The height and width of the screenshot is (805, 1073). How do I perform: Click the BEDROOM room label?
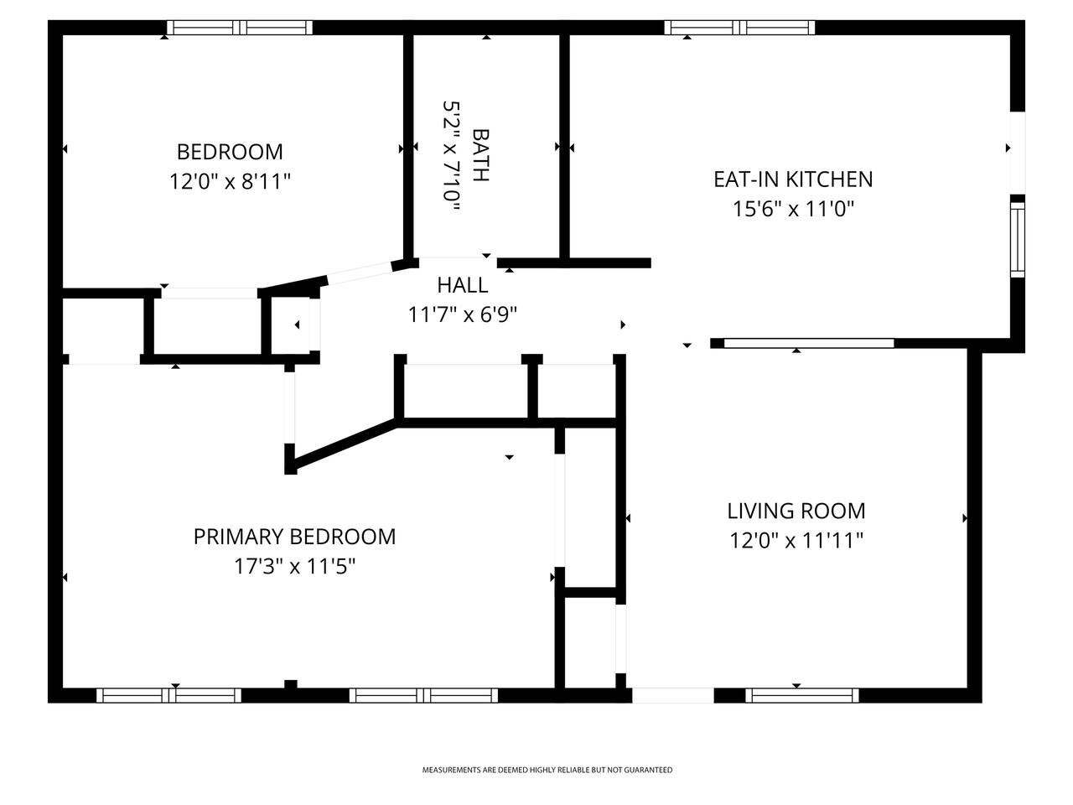click(x=230, y=152)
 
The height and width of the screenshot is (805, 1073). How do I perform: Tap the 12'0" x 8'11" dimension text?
click(x=230, y=182)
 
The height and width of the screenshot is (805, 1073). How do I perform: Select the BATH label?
click(x=481, y=155)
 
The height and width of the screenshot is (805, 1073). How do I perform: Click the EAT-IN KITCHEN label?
click(x=793, y=179)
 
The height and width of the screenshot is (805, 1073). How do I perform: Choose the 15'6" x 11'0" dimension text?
click(x=793, y=209)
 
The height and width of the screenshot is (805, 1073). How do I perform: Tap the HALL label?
click(x=463, y=285)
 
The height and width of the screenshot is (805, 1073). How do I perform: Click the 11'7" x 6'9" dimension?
click(x=463, y=314)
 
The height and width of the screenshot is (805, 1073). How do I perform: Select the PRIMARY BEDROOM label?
click(x=294, y=537)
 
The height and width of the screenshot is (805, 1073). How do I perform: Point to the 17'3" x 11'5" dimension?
click(x=294, y=567)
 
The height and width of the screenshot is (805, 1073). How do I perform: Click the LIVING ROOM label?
click(x=796, y=512)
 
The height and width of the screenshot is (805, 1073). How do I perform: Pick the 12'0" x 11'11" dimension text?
click(x=796, y=541)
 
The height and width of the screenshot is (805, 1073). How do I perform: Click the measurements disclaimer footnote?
click(x=547, y=770)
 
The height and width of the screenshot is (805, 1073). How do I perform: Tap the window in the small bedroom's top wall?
click(x=240, y=28)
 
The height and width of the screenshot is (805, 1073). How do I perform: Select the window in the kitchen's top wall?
click(x=739, y=28)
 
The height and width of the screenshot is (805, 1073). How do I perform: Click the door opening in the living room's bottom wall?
click(x=672, y=695)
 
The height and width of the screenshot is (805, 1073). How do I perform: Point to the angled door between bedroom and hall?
click(x=360, y=273)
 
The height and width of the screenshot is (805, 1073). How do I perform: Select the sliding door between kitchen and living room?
click(x=809, y=343)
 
